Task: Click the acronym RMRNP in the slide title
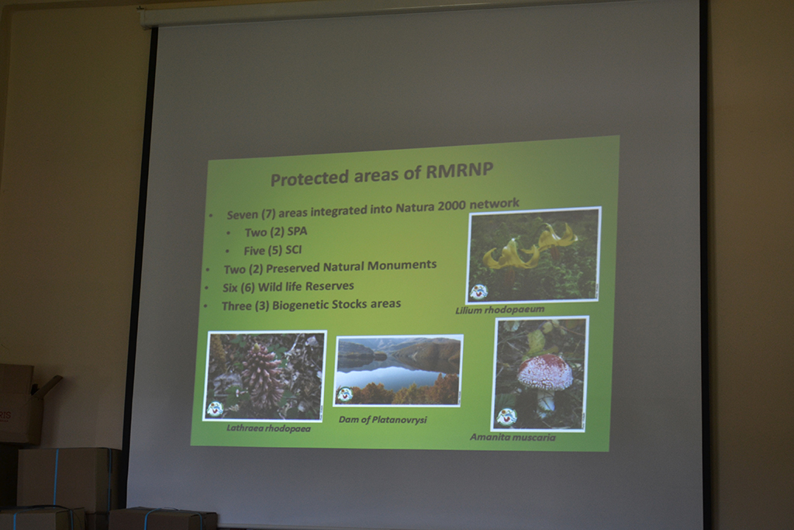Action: [459, 171]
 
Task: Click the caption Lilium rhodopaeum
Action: [499, 310]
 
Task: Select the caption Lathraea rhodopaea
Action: [268, 428]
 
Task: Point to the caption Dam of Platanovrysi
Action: [383, 420]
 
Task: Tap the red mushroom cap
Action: [544, 372]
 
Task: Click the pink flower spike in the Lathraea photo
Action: [262, 374]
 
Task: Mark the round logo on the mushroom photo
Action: [506, 417]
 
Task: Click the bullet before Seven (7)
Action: [211, 216]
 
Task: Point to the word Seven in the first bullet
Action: [243, 215]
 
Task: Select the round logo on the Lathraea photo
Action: [216, 409]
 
